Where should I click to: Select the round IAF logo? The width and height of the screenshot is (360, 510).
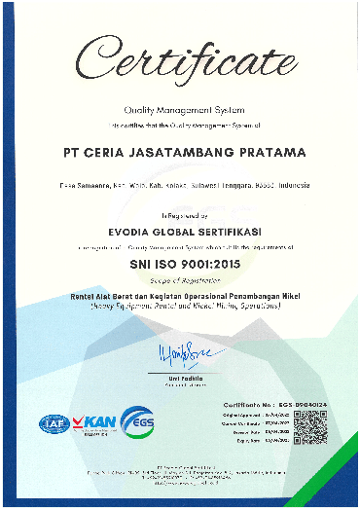click(50, 422)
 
